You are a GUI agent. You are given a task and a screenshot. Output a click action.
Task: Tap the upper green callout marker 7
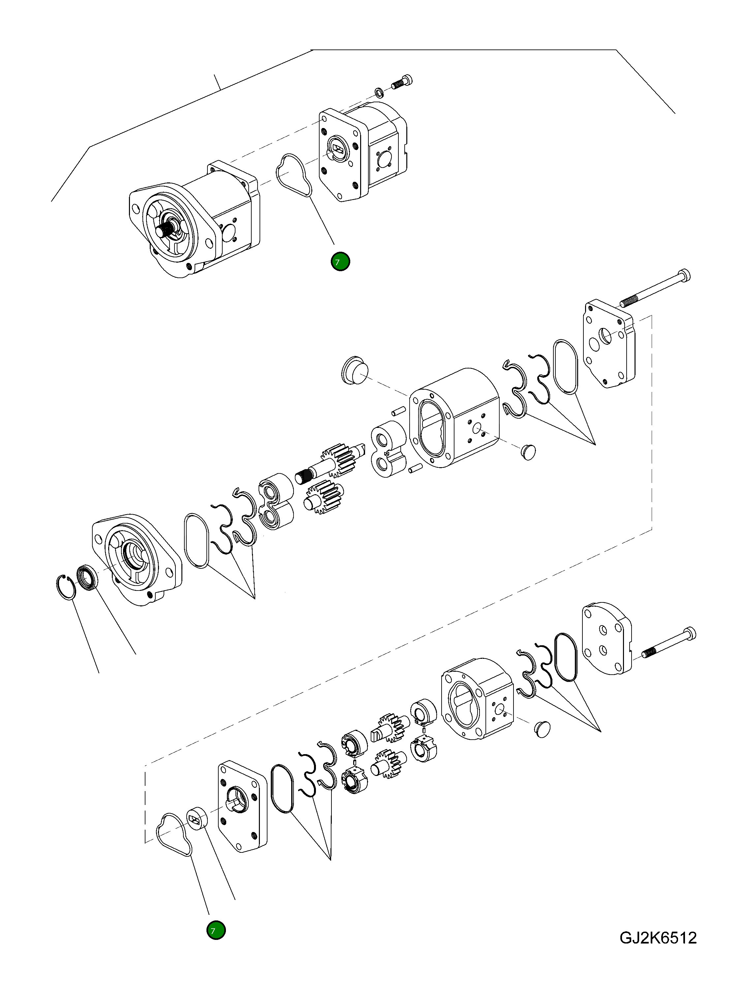[x=340, y=262]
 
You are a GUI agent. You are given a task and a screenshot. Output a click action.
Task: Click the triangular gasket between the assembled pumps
[x=294, y=176]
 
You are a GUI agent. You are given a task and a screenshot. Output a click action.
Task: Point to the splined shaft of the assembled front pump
[x=166, y=231]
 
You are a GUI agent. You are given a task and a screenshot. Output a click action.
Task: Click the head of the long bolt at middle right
[x=684, y=275]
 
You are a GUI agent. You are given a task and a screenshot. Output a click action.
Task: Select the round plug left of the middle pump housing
[x=355, y=371]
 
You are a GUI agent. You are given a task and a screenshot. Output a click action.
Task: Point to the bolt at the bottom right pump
[x=669, y=643]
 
